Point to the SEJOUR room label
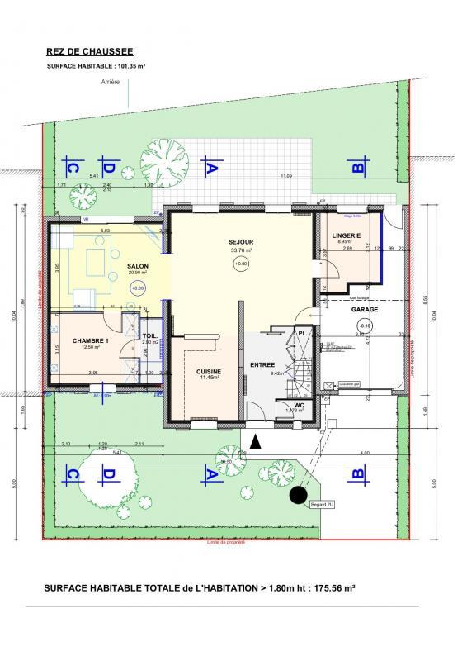(240, 242)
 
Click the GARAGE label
(364, 311)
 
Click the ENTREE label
(262, 364)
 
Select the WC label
(300, 405)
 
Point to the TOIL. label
(149, 335)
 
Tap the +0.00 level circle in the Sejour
(240, 264)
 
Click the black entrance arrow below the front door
(255, 442)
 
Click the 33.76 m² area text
(240, 250)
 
